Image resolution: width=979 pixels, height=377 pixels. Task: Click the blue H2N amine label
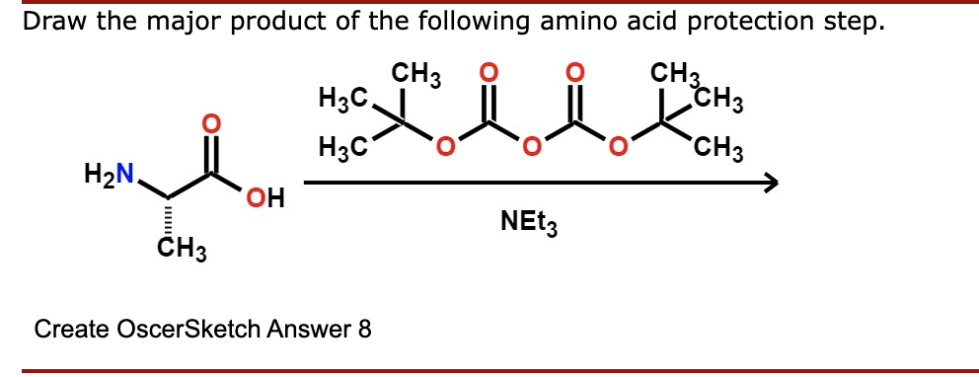coord(112,177)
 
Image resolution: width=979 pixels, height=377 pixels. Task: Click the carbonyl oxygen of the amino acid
coord(207,124)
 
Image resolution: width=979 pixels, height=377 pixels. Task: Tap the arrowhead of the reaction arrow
coord(770,183)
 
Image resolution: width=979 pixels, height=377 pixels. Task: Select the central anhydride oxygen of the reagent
coord(531,149)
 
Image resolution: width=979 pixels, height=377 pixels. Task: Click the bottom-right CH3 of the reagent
coord(718,151)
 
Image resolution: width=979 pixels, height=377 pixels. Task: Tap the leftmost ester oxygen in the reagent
coord(445,149)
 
